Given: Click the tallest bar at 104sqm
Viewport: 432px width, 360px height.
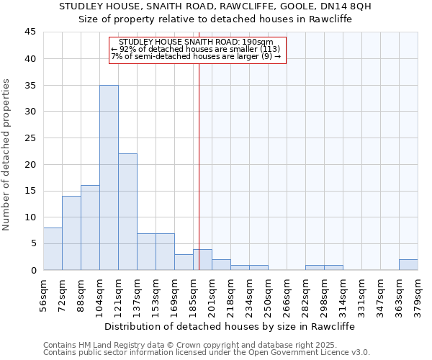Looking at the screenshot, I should [109, 177].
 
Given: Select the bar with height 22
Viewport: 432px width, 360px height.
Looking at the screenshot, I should [127, 212].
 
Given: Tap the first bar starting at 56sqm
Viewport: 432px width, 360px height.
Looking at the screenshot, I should [53, 248].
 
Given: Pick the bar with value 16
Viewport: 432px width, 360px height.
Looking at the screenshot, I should [90, 228].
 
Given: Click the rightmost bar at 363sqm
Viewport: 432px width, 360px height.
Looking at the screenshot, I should [408, 264].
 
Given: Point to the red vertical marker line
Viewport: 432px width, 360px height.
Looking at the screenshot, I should [199, 166].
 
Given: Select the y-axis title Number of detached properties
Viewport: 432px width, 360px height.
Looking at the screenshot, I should [7, 155].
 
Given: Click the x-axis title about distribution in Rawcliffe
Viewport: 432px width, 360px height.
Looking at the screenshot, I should [230, 326].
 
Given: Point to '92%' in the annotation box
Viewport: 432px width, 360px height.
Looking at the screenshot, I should [128, 50].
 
